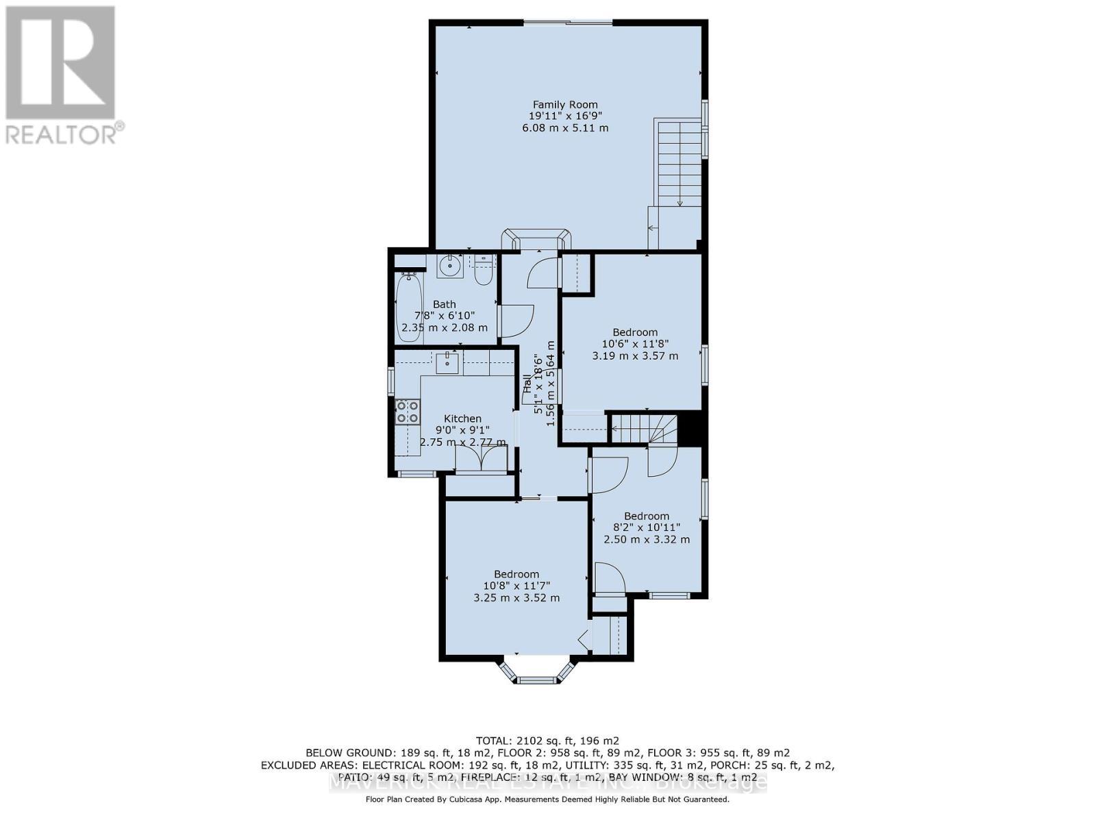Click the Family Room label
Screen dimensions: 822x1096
pyautogui.click(x=565, y=105)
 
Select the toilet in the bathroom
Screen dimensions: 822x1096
pyautogui.click(x=483, y=270)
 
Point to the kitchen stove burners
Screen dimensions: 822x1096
pyautogui.click(x=408, y=411)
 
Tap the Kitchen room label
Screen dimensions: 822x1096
pyautogui.click(x=462, y=419)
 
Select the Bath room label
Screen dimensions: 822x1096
pyautogui.click(x=444, y=304)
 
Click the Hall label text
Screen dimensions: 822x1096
pyautogui.click(x=527, y=384)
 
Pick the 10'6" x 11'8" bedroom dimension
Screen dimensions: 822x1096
pyautogui.click(x=635, y=344)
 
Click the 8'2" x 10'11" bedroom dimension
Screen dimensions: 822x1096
pyautogui.click(x=646, y=527)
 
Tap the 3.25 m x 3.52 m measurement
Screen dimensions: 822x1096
pyautogui.click(x=516, y=597)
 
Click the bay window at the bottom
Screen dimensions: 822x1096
pyautogui.click(x=537, y=674)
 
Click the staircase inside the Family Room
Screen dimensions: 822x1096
pyautogui.click(x=679, y=164)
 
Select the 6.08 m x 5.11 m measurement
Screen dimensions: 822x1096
pyautogui.click(x=565, y=128)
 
